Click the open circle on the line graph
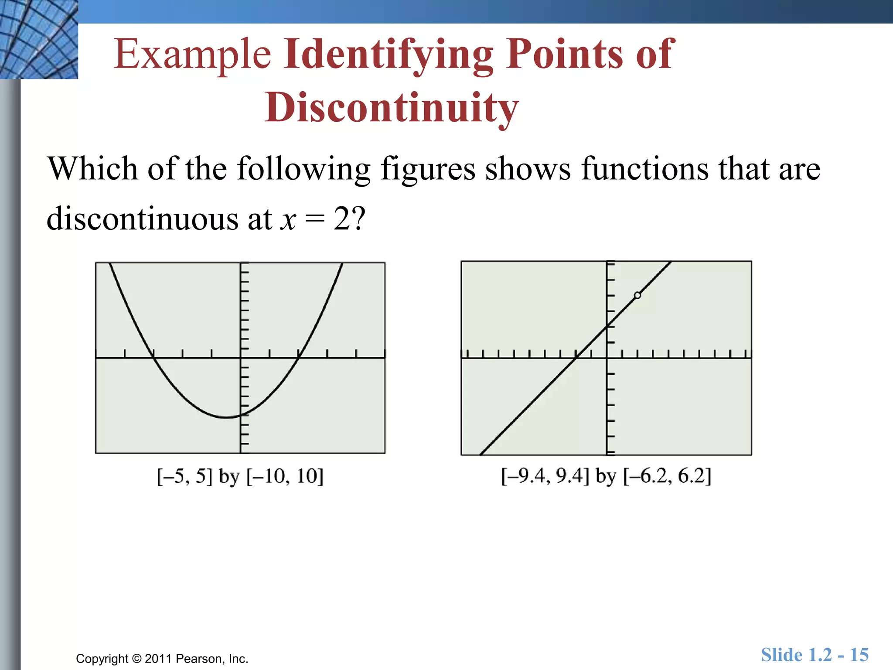pyautogui.click(x=637, y=295)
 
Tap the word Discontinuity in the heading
pyautogui.click(x=392, y=108)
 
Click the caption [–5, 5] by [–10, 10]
pyautogui.click(x=240, y=476)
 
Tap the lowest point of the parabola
pyautogui.click(x=226, y=417)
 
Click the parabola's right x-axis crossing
pyautogui.click(x=299, y=358)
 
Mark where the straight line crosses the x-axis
pyautogui.click(x=576, y=358)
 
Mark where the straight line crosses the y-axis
pyautogui.click(x=607, y=326)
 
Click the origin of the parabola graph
pyautogui.click(x=240, y=358)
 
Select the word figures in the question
pyautogui.click(x=428, y=169)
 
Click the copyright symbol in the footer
pyautogui.click(x=136, y=659)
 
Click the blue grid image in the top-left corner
pyautogui.click(x=39, y=39)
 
